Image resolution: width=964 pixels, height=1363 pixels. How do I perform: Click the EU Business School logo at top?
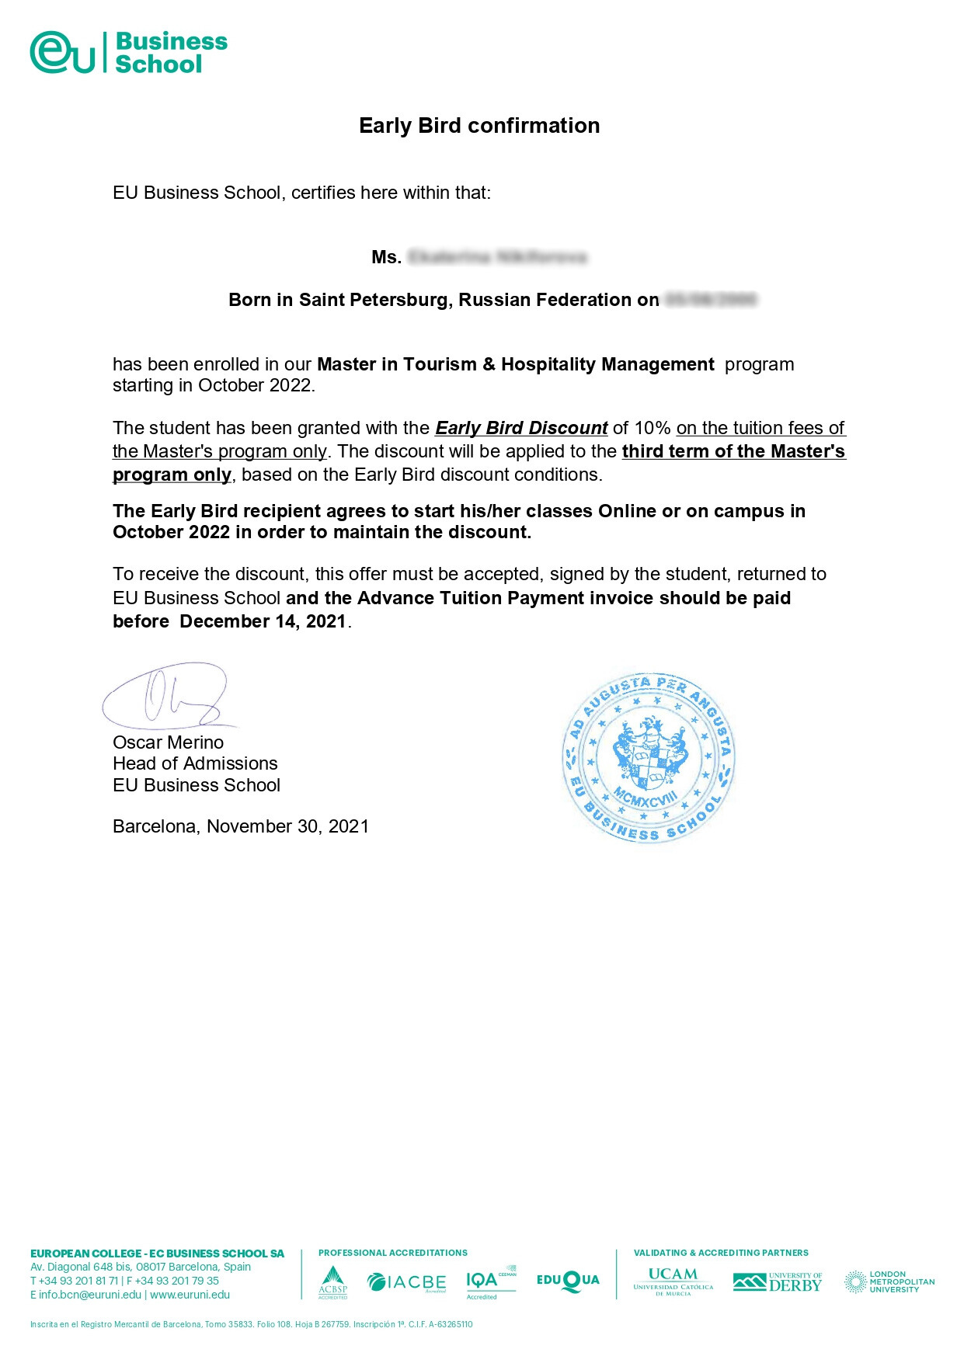tap(128, 52)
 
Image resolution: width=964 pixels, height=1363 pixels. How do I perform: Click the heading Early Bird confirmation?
tap(479, 126)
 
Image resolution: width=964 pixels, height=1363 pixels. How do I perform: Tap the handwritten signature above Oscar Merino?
tap(167, 696)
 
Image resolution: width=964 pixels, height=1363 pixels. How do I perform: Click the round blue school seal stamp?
tap(649, 758)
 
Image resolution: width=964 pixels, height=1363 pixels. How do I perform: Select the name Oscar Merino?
tap(168, 742)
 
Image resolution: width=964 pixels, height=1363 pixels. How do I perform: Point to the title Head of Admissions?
tap(195, 763)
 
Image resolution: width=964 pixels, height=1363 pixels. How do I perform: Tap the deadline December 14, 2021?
tap(263, 621)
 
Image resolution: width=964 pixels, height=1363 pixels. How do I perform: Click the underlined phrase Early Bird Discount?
tap(521, 428)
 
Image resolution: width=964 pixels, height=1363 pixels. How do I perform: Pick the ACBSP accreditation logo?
tap(332, 1282)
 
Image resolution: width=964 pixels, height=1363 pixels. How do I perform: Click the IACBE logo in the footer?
tap(406, 1282)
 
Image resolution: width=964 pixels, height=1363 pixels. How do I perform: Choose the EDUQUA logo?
tap(568, 1281)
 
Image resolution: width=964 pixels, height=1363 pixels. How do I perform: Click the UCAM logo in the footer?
tap(673, 1281)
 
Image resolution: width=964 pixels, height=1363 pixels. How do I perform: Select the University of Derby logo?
tap(777, 1282)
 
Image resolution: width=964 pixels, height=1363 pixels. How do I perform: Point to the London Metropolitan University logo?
tap(889, 1281)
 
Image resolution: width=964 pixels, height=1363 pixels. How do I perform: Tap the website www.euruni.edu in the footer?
tap(190, 1295)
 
